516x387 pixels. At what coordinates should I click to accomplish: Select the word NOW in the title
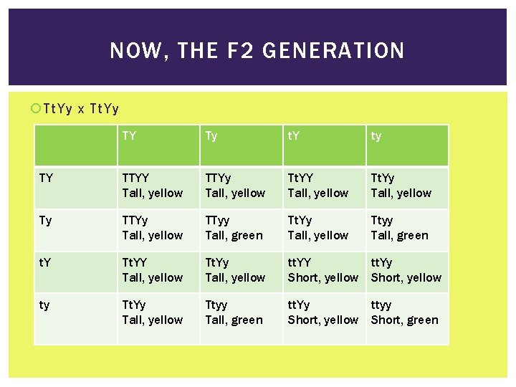pyautogui.click(x=132, y=51)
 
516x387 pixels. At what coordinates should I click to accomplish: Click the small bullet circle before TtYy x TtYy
pyautogui.click(x=37, y=109)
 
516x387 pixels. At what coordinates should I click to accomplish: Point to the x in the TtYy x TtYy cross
pyautogui.click(x=81, y=110)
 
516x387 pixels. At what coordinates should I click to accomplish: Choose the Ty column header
pyautogui.click(x=211, y=135)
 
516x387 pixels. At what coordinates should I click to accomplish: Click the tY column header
pyautogui.click(x=295, y=135)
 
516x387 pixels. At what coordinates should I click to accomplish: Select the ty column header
pyautogui.click(x=376, y=135)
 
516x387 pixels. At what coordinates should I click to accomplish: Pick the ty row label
pyautogui.click(x=44, y=305)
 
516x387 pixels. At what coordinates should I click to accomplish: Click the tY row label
pyautogui.click(x=45, y=263)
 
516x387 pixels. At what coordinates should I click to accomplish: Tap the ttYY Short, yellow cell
pyautogui.click(x=322, y=271)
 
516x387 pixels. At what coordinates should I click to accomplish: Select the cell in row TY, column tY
pyautogui.click(x=322, y=186)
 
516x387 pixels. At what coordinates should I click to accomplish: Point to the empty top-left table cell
pyautogui.click(x=75, y=145)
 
